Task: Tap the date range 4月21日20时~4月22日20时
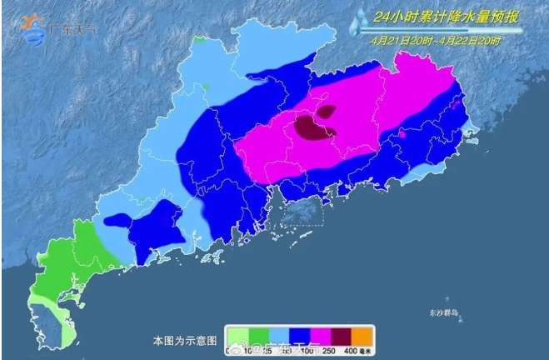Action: coord(436,39)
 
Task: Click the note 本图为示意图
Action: coord(185,341)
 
